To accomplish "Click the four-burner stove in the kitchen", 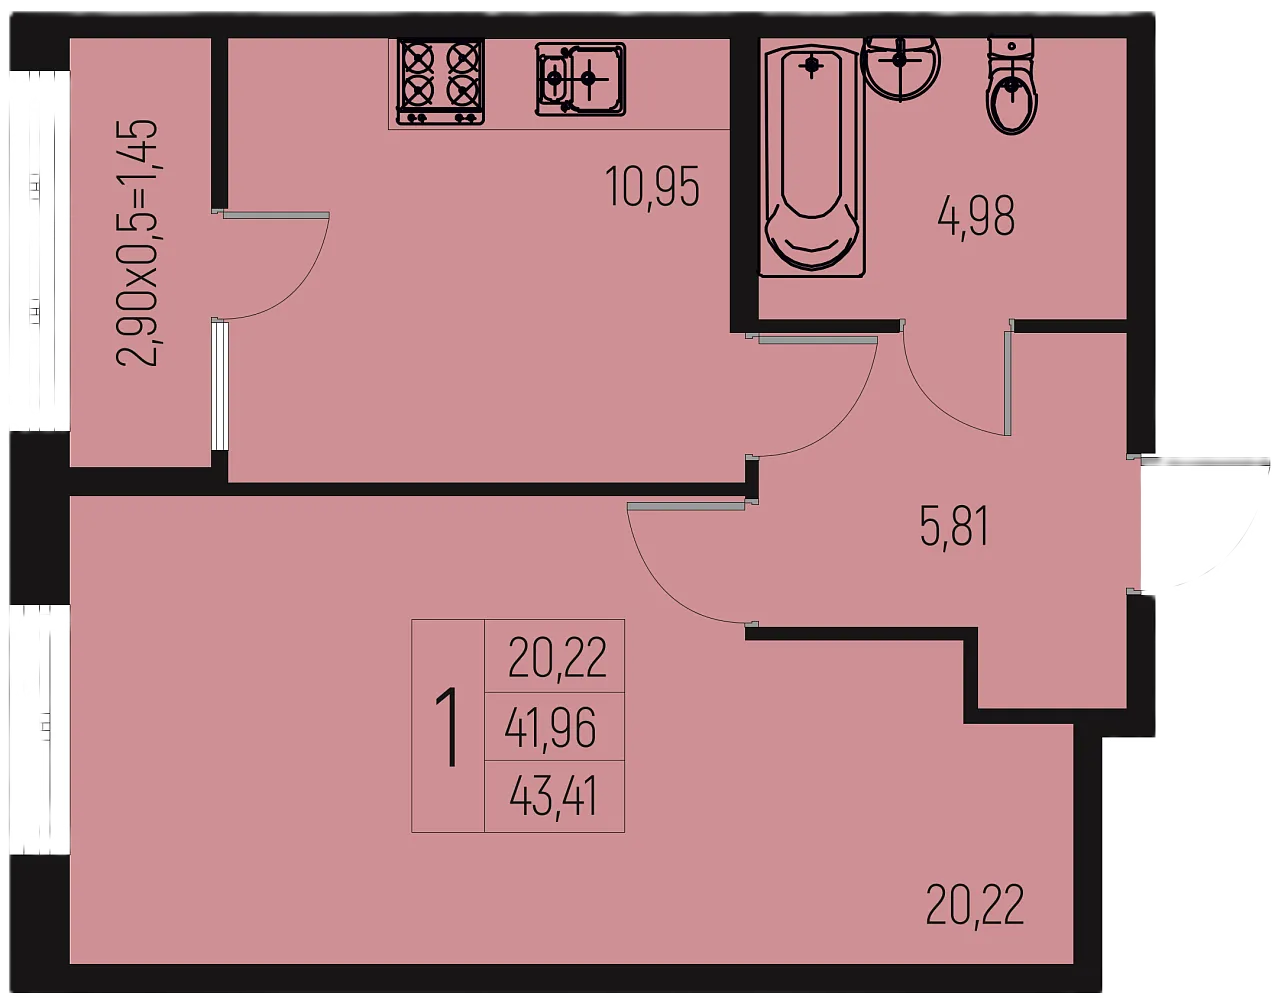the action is (x=441, y=82).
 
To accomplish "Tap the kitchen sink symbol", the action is (x=580, y=79).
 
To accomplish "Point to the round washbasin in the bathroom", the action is (x=901, y=66).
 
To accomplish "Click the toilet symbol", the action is (x=1012, y=86).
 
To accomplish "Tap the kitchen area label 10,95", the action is (x=652, y=187).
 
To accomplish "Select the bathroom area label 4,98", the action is (x=976, y=216).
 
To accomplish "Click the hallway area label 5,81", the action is (x=955, y=526).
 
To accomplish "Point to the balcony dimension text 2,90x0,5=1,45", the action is (x=138, y=243).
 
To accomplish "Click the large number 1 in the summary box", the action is (x=449, y=728).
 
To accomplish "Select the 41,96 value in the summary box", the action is (x=550, y=727).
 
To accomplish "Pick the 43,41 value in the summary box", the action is (x=554, y=796).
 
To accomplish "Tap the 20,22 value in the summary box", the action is (x=557, y=658).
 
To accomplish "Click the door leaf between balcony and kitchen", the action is (x=276, y=215).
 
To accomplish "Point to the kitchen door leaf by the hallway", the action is (x=818, y=340).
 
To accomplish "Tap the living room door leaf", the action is (x=686, y=506).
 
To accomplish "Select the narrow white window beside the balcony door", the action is (x=219, y=385).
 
